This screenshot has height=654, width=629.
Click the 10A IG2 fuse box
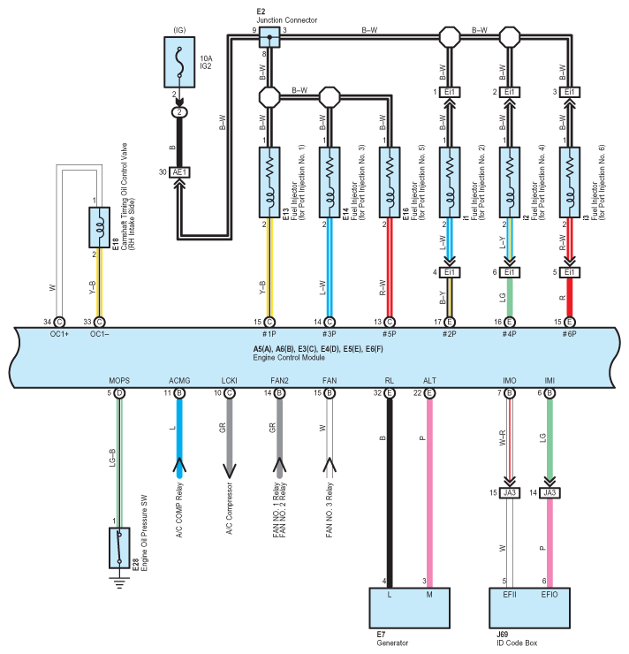[x=179, y=62]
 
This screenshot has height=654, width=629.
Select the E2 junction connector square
[x=269, y=37]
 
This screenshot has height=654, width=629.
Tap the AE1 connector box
[x=179, y=172]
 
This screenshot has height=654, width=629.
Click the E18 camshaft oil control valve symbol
[x=99, y=227]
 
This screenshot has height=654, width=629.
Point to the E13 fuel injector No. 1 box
[x=269, y=182]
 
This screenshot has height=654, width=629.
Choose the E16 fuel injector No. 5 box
[x=390, y=182]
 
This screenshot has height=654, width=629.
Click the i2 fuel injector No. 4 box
[x=510, y=182]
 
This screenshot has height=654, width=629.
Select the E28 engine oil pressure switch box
[x=119, y=548]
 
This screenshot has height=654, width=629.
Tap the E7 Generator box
[x=410, y=608]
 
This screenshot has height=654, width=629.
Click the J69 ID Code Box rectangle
[x=529, y=608]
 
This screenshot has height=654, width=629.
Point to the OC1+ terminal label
[x=59, y=334]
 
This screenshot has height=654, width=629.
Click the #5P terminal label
[x=390, y=334]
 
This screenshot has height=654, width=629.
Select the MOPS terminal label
[x=119, y=380]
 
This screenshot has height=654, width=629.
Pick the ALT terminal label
[x=429, y=380]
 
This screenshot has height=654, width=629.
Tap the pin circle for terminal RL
[x=390, y=393]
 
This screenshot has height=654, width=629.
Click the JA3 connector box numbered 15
[x=510, y=493]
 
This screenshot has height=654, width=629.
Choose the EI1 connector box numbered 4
[x=450, y=272]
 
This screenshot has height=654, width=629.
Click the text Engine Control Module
[x=289, y=357]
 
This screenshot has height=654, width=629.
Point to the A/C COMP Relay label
[x=179, y=510]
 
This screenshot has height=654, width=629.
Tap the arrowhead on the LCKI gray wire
[x=230, y=470]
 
